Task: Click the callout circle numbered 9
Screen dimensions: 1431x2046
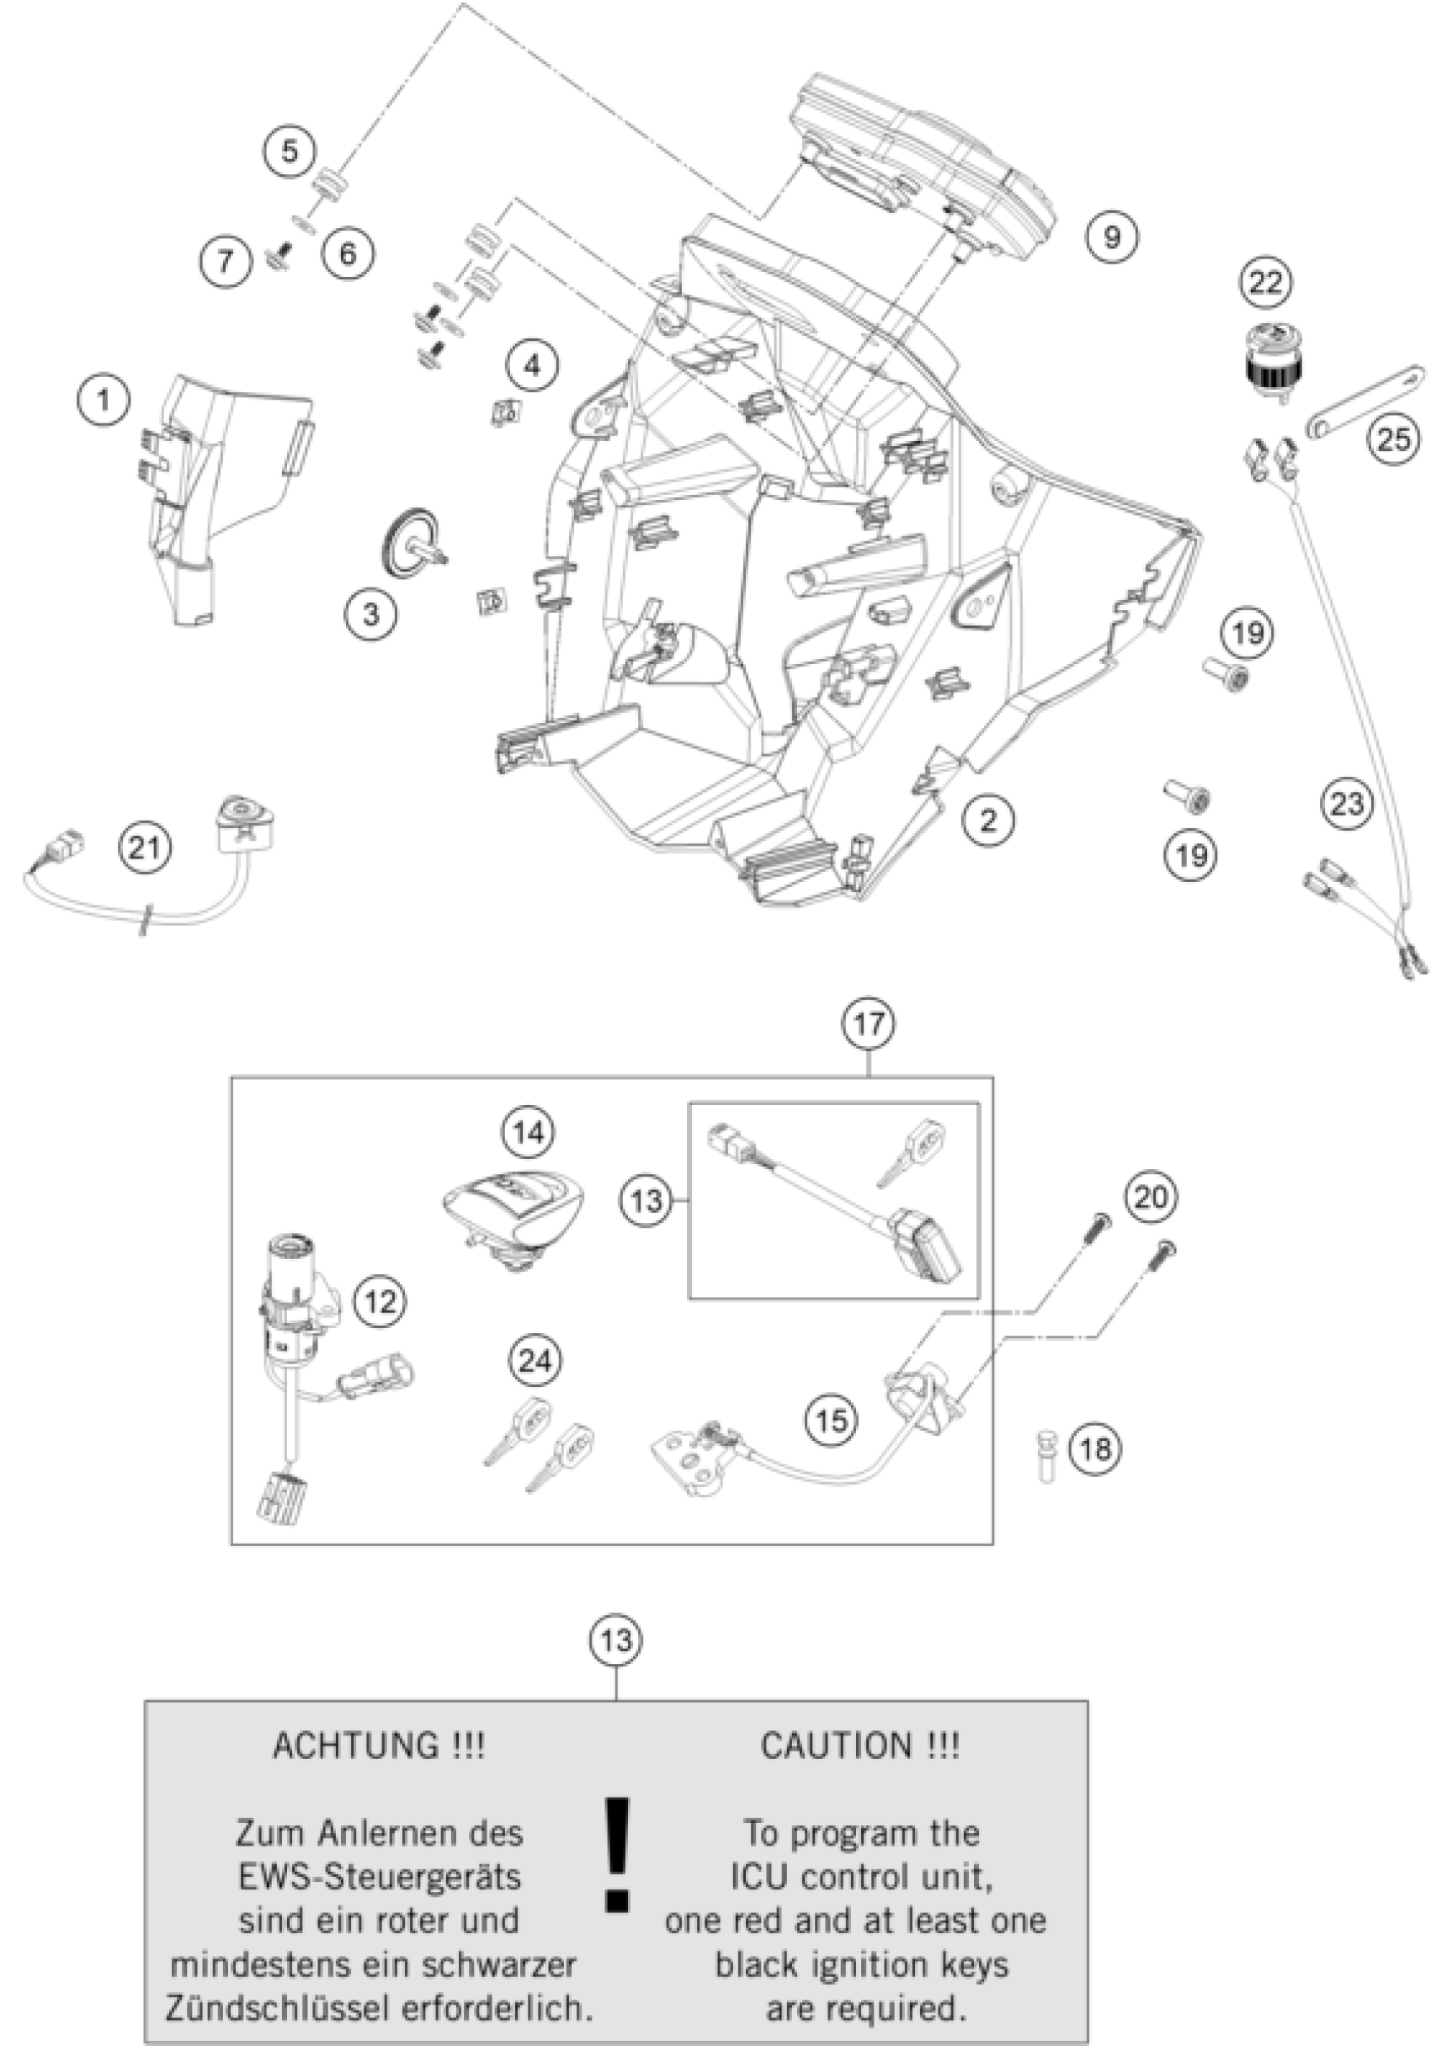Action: [x=1111, y=237]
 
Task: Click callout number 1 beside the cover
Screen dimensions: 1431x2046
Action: [x=104, y=401]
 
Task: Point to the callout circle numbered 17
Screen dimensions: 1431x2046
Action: [x=869, y=1024]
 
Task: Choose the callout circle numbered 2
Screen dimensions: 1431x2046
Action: [x=988, y=818]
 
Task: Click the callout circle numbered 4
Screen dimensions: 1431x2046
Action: [x=532, y=365]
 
